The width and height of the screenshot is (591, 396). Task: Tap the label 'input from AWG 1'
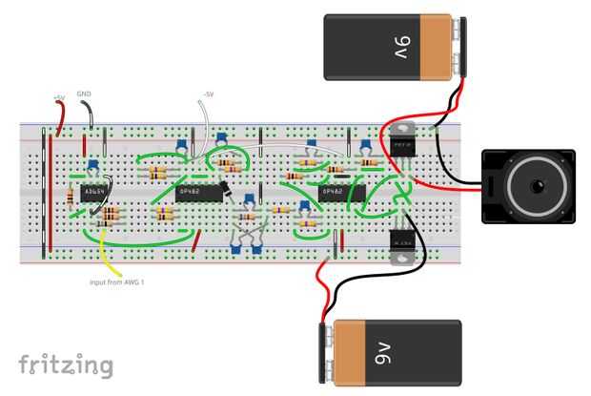116,282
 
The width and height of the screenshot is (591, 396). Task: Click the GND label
84,94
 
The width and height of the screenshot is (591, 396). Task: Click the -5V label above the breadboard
209,94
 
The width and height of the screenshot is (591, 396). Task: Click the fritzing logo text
65,365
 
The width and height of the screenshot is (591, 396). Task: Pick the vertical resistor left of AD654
71,198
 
